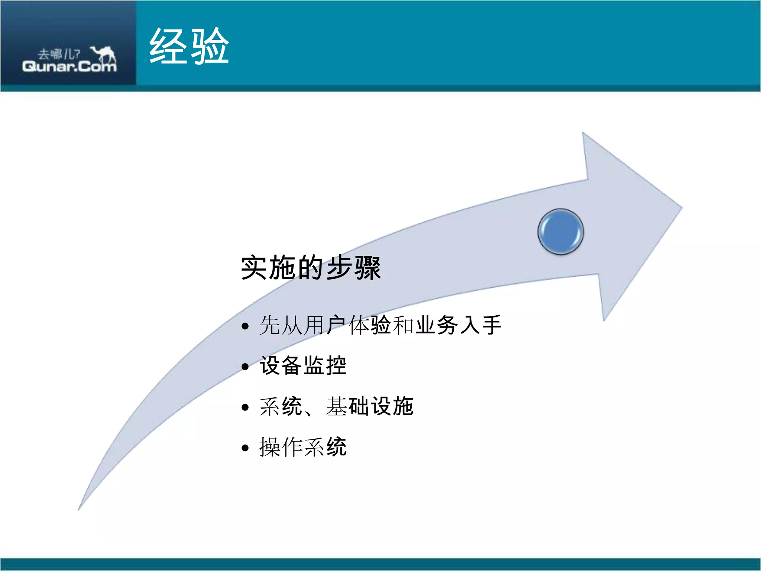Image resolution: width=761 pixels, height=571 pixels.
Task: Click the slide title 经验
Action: (189, 46)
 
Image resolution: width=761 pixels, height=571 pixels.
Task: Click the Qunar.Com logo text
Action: (69, 67)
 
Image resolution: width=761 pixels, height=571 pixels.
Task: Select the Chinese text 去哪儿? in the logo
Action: (59, 54)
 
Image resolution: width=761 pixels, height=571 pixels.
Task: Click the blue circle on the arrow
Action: (560, 232)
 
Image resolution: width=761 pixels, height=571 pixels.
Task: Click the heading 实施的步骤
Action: (311, 268)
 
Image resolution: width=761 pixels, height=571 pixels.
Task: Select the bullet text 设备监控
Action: (303, 365)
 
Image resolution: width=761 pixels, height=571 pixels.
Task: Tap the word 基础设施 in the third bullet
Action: (370, 406)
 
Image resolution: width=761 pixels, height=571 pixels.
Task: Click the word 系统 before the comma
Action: (281, 406)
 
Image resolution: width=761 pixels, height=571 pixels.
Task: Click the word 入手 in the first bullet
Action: (481, 325)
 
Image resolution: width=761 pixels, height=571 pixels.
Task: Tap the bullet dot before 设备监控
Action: (245, 367)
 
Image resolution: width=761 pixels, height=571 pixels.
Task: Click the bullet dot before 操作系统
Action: (245, 448)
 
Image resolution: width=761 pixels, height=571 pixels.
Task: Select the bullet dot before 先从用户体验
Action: (245, 326)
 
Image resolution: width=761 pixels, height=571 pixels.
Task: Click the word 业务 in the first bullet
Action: (437, 325)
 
